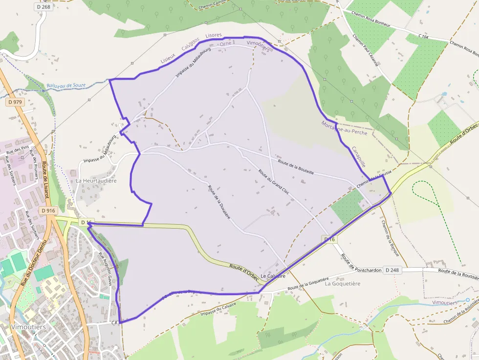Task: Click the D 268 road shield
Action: pyautogui.click(x=44, y=7)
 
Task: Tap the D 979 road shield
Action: pyautogui.click(x=15, y=102)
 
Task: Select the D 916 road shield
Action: pyautogui.click(x=49, y=211)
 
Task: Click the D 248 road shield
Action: pyautogui.click(x=392, y=270)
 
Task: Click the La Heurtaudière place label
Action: pyautogui.click(x=96, y=181)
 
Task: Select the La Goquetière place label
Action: pyautogui.click(x=342, y=283)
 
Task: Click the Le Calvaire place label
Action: pyautogui.click(x=273, y=276)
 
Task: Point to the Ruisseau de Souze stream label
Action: pyautogui.click(x=66, y=85)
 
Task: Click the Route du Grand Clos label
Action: pyautogui.click(x=273, y=182)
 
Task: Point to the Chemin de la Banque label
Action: pyautogui.click(x=389, y=238)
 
